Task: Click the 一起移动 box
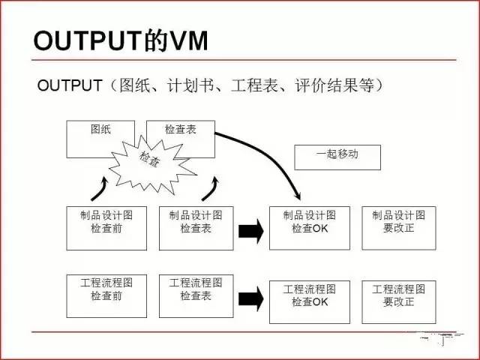coord(337,156)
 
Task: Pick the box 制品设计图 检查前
coord(106,228)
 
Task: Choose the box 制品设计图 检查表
coord(196,228)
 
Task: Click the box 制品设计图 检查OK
coord(310,228)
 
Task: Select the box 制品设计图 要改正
coord(397,228)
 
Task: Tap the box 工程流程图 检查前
coord(106,295)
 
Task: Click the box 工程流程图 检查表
coord(196,295)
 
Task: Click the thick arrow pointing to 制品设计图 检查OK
coord(251,232)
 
